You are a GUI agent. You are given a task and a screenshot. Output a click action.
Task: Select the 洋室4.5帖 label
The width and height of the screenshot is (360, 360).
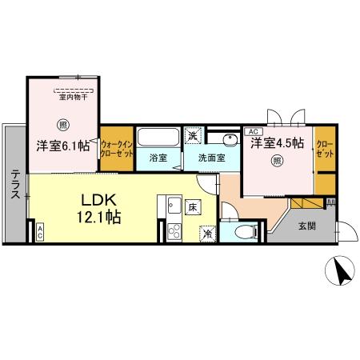click(277, 143)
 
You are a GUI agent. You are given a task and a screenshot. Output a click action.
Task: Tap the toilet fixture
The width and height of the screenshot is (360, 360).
click(246, 233)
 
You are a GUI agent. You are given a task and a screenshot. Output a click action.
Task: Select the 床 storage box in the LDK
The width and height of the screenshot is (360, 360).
click(193, 207)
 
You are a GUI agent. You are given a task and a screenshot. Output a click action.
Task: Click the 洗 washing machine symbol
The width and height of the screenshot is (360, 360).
click(193, 135)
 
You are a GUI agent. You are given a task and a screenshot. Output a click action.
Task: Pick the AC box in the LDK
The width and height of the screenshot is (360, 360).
click(40, 232)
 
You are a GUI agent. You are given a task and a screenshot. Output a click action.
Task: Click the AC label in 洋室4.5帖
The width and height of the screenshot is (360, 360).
click(253, 130)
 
